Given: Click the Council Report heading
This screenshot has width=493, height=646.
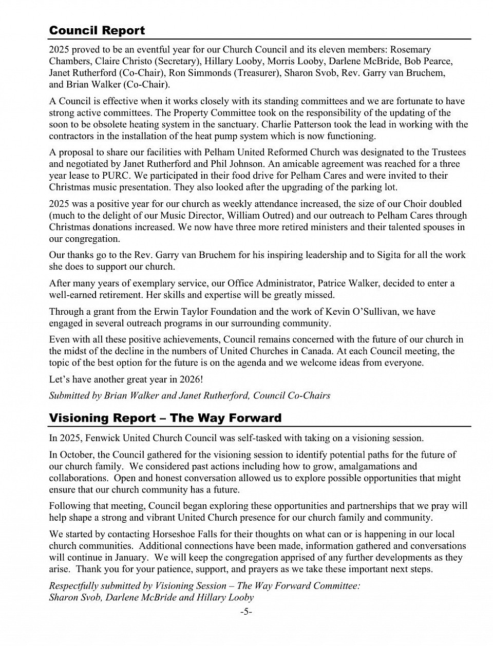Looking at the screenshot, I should tap(97, 30).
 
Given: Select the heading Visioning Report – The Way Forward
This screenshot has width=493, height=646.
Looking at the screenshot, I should tap(165, 418).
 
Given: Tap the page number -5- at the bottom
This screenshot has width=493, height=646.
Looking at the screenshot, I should tap(246, 612).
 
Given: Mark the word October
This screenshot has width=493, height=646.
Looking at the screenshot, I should tap(78, 455).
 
